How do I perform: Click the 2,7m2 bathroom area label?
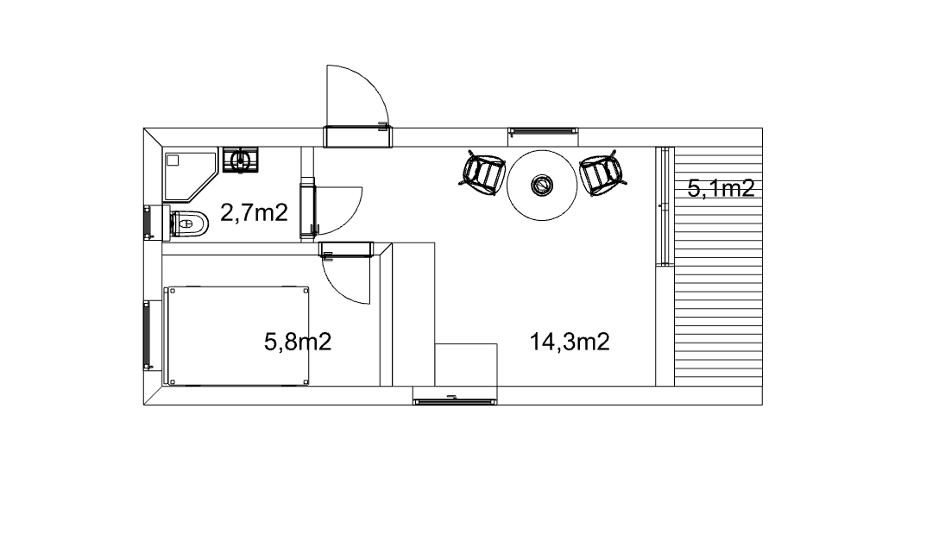(x=254, y=213)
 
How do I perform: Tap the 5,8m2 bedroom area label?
(x=298, y=342)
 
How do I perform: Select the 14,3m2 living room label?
(x=570, y=342)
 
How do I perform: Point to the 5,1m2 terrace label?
(x=721, y=189)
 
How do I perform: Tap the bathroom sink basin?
(x=241, y=161)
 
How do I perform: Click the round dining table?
(x=542, y=185)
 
